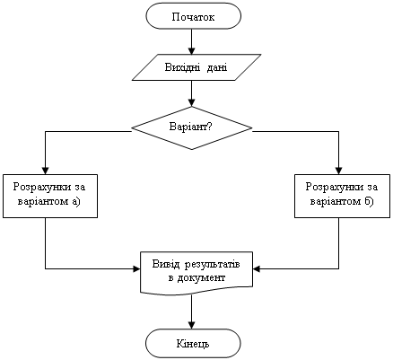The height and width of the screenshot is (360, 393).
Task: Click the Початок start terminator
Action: [x=193, y=16]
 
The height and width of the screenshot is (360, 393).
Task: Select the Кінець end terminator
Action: [x=193, y=343]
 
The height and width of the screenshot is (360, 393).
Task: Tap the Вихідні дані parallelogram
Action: [x=196, y=67]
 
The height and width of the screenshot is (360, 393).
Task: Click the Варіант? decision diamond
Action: [x=192, y=127]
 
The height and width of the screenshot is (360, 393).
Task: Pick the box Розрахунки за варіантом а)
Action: [x=50, y=196]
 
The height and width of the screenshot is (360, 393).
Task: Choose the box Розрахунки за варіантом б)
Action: [x=343, y=196]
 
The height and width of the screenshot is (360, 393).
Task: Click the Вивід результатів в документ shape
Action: [x=196, y=273]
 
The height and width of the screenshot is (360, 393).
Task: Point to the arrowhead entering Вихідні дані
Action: [x=192, y=51]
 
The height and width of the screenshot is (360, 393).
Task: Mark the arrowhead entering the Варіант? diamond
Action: [x=192, y=103]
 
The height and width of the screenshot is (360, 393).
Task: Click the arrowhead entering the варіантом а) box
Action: [x=45, y=171]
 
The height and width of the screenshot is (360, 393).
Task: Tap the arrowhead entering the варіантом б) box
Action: [x=338, y=171]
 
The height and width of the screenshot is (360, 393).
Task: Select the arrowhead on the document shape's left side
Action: [x=136, y=268]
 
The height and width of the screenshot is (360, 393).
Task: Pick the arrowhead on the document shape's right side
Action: [x=257, y=268]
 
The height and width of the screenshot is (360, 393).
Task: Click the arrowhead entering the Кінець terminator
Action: [x=192, y=325]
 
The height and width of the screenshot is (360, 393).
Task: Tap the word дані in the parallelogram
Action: [x=217, y=67]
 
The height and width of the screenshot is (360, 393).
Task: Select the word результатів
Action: [x=212, y=265]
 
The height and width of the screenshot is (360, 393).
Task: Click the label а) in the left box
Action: [x=76, y=201]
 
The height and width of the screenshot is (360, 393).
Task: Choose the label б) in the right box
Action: [x=369, y=201]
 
